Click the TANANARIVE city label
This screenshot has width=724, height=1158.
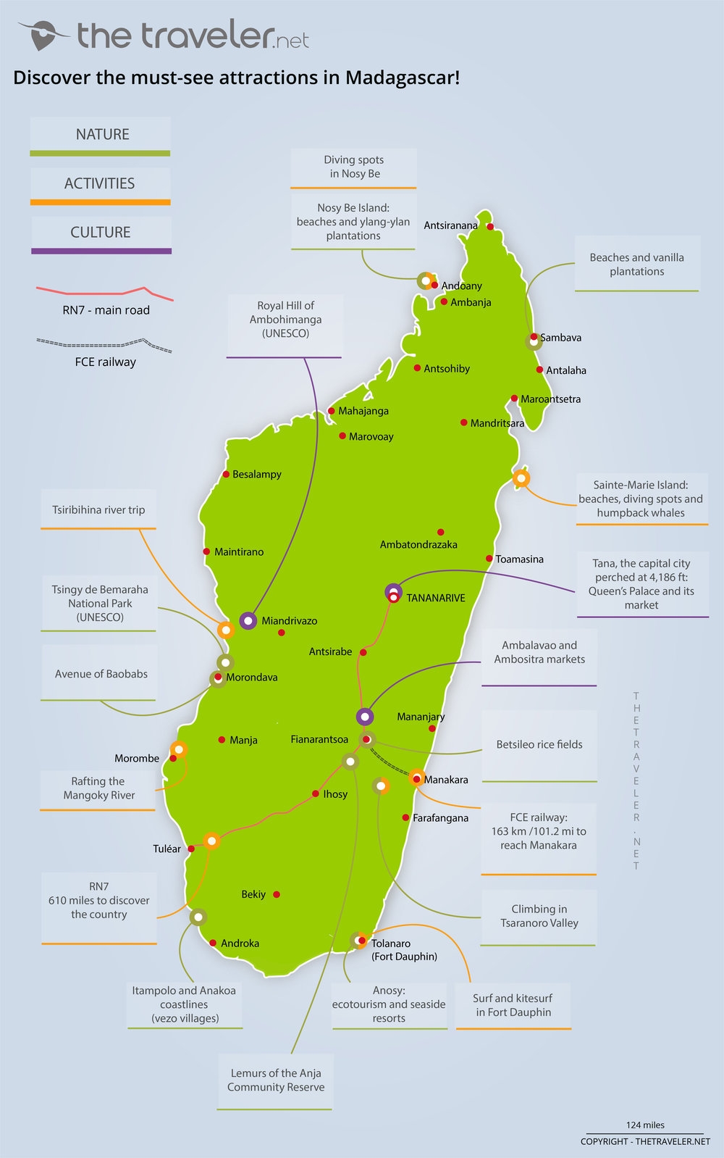point(435,598)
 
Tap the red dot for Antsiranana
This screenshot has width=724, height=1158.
point(490,227)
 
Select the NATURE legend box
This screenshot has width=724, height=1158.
point(101,135)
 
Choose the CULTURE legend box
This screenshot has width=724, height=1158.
point(101,233)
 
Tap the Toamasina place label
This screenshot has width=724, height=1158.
point(519,559)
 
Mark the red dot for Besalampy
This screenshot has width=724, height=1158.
point(227,475)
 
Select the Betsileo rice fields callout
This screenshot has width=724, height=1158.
point(539,745)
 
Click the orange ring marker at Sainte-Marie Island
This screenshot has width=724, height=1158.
point(521,478)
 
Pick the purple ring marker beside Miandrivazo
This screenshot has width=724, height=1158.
point(248,620)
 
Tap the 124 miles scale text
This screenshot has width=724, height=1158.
point(644,1125)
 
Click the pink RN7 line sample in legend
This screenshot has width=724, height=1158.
point(105,292)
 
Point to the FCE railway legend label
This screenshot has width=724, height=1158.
point(106,362)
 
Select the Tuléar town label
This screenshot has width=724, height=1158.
point(167,849)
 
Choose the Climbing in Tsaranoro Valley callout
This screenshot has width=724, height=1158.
point(539,916)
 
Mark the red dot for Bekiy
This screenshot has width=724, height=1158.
point(277,894)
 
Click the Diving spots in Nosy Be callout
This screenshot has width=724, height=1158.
point(354,167)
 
